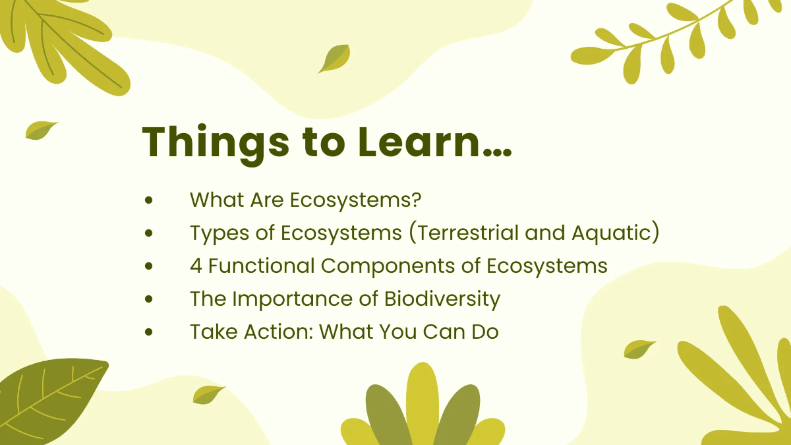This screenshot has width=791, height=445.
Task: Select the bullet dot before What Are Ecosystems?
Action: click(149, 199)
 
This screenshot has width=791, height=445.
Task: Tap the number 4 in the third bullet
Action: click(196, 266)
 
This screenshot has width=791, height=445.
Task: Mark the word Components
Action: click(394, 266)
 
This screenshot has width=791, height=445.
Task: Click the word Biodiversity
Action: click(442, 299)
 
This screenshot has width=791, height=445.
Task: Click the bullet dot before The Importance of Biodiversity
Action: click(149, 299)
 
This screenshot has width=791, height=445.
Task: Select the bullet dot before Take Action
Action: click(149, 332)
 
